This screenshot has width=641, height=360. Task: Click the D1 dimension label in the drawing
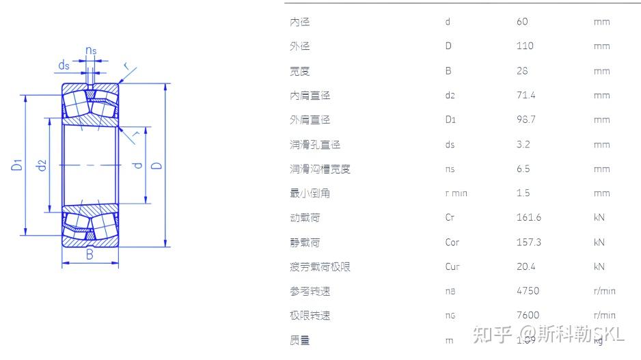click(x=17, y=165)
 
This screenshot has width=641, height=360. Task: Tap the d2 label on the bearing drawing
click(x=42, y=165)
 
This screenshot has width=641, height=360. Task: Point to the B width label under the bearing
click(x=90, y=255)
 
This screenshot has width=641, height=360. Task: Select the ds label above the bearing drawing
click(x=64, y=66)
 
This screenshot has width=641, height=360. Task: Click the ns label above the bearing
click(x=91, y=51)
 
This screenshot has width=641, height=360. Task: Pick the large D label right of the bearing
click(x=156, y=165)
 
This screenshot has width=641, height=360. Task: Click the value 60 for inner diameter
click(x=523, y=22)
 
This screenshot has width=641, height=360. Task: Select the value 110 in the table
click(x=525, y=46)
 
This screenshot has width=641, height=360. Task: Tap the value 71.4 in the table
click(x=526, y=96)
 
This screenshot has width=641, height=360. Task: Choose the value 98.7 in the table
click(x=526, y=120)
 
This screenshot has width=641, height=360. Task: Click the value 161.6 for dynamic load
click(x=529, y=218)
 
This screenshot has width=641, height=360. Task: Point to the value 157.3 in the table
click(x=529, y=243)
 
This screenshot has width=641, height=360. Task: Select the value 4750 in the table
click(x=528, y=291)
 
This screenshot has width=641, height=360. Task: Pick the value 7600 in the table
click(x=528, y=316)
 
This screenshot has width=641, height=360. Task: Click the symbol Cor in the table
click(x=452, y=243)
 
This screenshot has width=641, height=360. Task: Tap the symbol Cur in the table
click(x=452, y=267)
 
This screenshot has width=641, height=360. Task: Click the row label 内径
click(x=299, y=22)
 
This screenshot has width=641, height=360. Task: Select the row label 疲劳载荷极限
click(x=320, y=267)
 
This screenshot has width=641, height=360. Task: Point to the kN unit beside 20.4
click(x=599, y=267)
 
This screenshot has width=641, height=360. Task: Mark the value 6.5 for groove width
click(x=523, y=169)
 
